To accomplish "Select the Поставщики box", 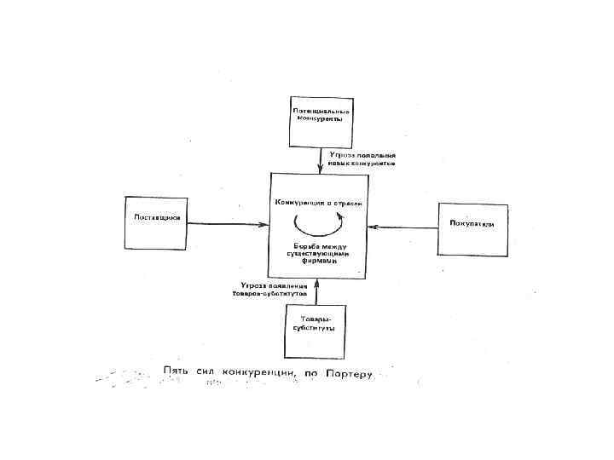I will (155, 222).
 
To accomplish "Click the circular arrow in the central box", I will (318, 224).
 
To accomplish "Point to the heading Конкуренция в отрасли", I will (318, 203).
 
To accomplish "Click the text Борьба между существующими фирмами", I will (316, 253).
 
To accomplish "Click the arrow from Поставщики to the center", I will (228, 224).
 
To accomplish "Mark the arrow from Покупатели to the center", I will (403, 227).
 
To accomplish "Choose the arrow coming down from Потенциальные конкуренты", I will (320, 159).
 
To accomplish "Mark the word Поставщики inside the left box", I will (156, 217).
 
